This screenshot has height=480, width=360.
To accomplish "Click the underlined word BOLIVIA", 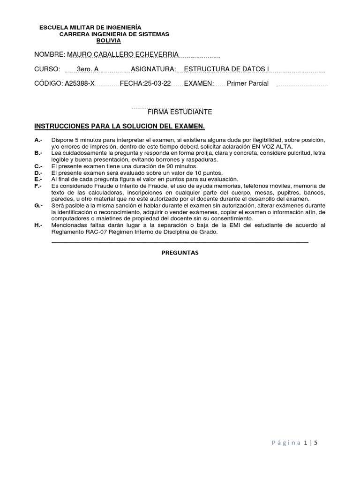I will coord(108,41).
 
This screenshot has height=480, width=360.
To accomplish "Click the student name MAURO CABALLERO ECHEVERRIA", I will coord(123,55).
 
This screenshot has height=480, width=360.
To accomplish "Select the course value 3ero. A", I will coord(88,69).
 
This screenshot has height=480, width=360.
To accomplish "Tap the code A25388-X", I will coord(80,83).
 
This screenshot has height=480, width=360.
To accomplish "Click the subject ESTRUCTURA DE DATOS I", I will coord(226,69).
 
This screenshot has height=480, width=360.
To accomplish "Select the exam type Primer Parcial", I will coord(247,83).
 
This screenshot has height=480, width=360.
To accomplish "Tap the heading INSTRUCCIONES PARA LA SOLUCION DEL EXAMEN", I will coord(120,127).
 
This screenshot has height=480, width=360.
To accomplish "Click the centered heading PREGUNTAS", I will coord(180,253).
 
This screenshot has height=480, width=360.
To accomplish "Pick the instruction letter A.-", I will coord(38,140).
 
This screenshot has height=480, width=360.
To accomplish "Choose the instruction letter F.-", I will coord(38,186).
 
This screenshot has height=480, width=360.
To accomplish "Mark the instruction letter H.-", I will coord(38,225).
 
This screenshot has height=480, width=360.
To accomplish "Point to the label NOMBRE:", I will coord(49,55).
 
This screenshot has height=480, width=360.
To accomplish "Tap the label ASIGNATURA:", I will coord(153,69).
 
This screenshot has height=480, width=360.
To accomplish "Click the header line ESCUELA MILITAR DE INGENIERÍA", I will coord(90,28).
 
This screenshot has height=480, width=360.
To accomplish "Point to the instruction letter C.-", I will coord(38,166).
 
